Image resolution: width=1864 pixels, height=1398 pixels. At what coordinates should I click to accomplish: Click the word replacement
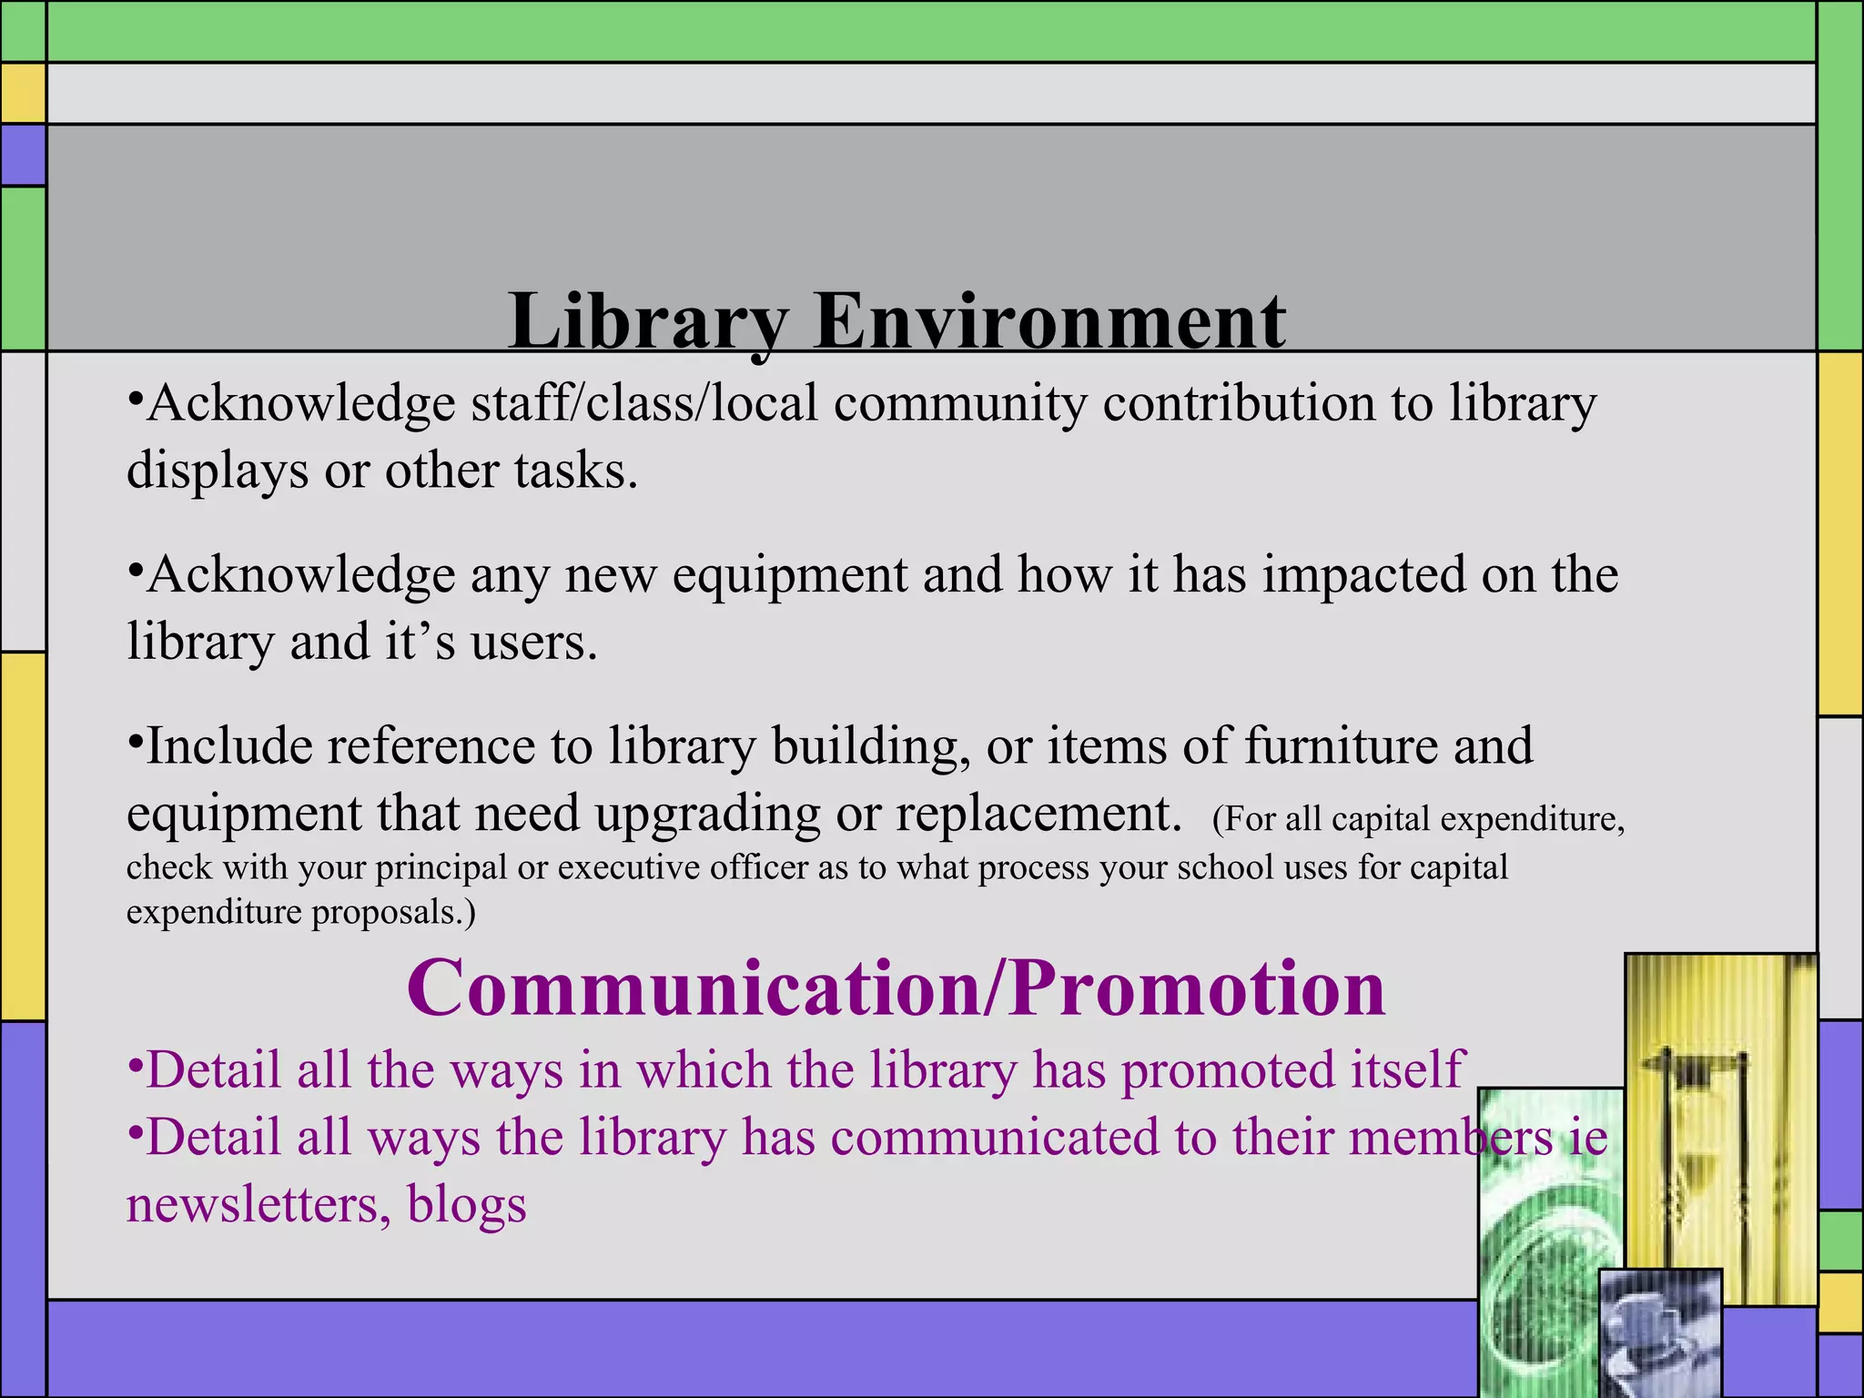point(1038,814)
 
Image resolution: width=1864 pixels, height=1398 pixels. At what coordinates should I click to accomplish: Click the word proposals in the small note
point(393,912)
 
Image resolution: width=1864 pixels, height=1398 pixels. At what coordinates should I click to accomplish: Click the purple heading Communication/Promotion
point(896,988)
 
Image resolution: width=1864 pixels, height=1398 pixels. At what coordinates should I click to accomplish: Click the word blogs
point(466,1205)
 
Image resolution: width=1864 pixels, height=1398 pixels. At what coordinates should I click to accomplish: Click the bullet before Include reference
point(135,743)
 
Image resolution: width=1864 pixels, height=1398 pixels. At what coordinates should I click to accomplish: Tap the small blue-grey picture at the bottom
point(1660,1332)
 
